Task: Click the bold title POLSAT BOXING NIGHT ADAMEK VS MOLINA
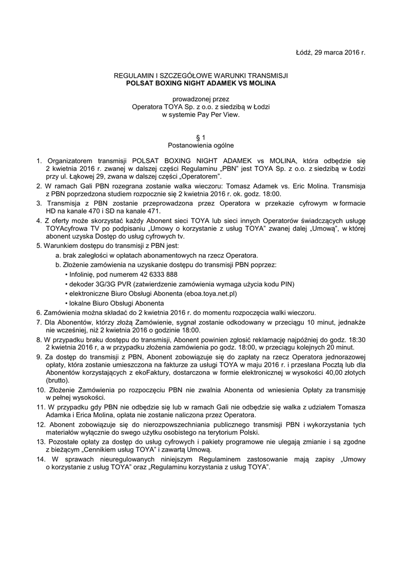click(201, 83)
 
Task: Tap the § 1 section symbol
click(201, 137)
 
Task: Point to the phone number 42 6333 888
click(156, 275)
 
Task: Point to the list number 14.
click(39, 460)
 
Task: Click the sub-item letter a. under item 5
click(58, 255)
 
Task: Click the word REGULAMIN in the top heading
click(132, 75)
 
